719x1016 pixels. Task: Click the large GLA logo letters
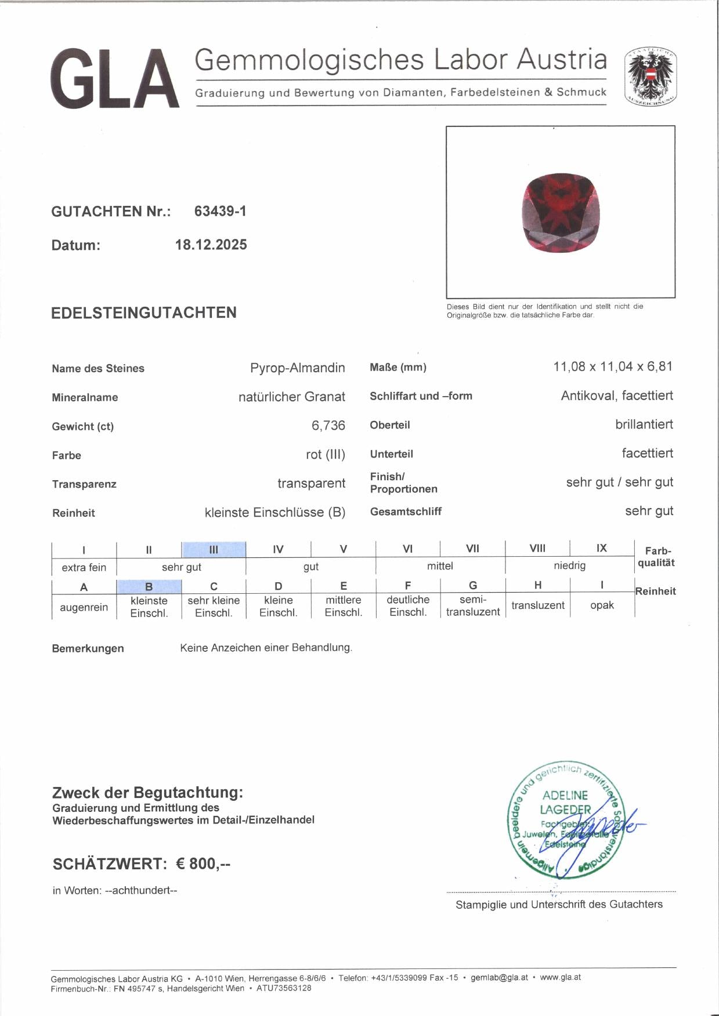[115, 79]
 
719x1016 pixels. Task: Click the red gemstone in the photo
[560, 213]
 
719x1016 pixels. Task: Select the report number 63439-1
[220, 211]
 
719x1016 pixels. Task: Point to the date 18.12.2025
[211, 245]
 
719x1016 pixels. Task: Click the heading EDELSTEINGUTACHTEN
[144, 313]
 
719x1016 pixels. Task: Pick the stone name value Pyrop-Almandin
[297, 368]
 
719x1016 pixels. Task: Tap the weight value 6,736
[328, 426]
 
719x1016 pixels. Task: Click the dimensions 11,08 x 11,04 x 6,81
[613, 367]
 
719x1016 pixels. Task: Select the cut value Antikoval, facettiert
[617, 395]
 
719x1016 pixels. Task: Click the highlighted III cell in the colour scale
[214, 549]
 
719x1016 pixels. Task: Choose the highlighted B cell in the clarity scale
[149, 586]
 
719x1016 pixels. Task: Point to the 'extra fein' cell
[84, 567]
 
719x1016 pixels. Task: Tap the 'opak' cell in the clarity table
[602, 605]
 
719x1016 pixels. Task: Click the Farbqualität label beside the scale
[656, 557]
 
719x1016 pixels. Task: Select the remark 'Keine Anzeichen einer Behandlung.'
[266, 648]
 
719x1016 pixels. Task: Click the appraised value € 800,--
[203, 863]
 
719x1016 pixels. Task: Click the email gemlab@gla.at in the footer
[499, 977]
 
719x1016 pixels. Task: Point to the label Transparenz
[84, 484]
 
